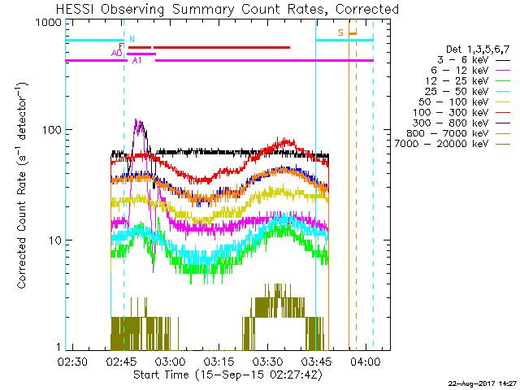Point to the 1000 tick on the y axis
click(x=47, y=24)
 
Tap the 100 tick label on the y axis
click(x=50, y=130)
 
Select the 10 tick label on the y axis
click(x=54, y=240)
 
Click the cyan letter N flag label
click(x=132, y=38)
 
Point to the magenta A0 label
click(x=117, y=53)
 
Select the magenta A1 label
click(x=137, y=60)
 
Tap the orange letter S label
click(x=342, y=32)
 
